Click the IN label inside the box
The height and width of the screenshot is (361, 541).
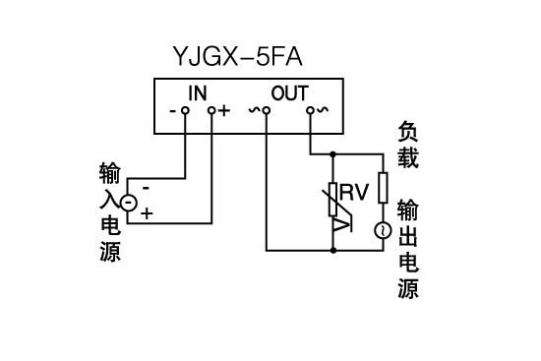click(x=198, y=93)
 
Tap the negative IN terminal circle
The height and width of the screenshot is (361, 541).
click(x=185, y=111)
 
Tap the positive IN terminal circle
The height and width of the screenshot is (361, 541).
click(x=210, y=111)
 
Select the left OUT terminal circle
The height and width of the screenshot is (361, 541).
click(x=267, y=111)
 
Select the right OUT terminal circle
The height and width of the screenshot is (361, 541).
click(x=310, y=111)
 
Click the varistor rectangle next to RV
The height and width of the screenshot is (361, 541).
click(x=334, y=193)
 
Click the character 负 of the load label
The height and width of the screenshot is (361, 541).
click(x=408, y=130)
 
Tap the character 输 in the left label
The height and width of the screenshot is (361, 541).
click(x=109, y=175)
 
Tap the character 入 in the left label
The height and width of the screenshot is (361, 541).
click(x=109, y=201)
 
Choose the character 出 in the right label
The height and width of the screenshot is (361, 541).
click(x=408, y=237)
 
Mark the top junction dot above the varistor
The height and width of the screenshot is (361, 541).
click(x=334, y=154)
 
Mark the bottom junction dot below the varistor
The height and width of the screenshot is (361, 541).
click(x=334, y=251)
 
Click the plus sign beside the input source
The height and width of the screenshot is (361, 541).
click(x=147, y=213)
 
